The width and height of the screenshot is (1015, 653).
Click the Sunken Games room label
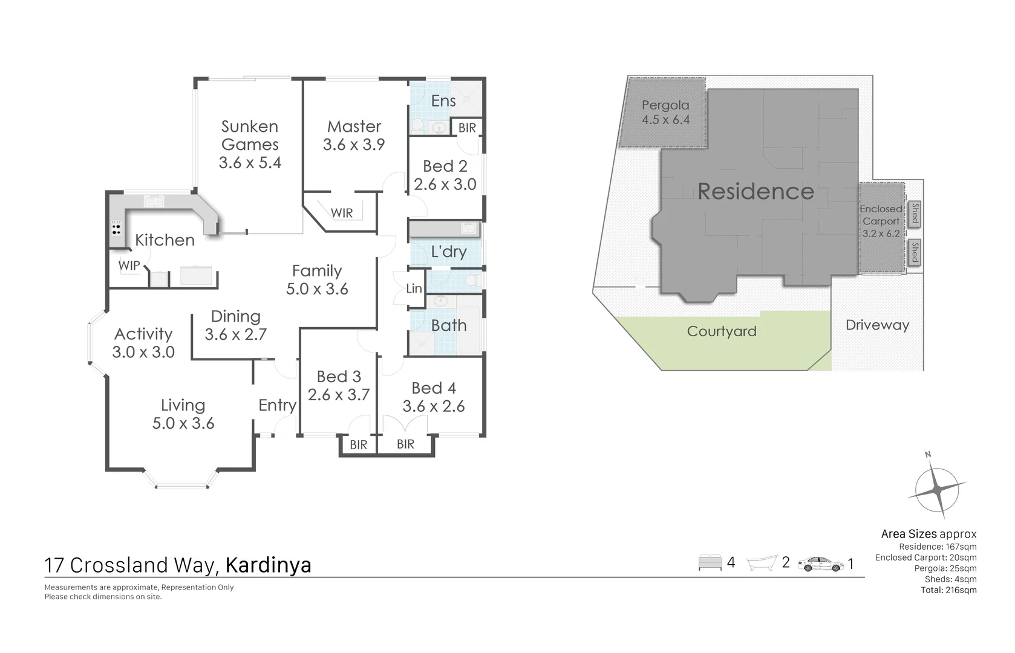pyautogui.click(x=250, y=135)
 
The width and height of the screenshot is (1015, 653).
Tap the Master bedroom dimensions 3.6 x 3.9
pyautogui.click(x=354, y=145)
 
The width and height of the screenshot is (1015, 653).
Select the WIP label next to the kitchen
pyautogui.click(x=129, y=265)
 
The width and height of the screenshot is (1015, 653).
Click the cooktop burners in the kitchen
pyautogui.click(x=116, y=229)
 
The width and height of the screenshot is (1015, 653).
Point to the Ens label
pyautogui.click(x=443, y=101)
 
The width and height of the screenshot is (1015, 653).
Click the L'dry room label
pyautogui.click(x=448, y=252)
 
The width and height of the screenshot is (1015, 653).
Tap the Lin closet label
pyautogui.click(x=414, y=288)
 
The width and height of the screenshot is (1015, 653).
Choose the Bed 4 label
pyautogui.click(x=434, y=388)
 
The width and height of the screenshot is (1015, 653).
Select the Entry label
pyautogui.click(x=277, y=405)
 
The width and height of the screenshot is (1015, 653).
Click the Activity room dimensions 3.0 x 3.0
pyautogui.click(x=143, y=352)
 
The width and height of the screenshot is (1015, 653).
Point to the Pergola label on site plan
pyautogui.click(x=665, y=105)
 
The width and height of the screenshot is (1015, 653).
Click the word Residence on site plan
pyautogui.click(x=756, y=191)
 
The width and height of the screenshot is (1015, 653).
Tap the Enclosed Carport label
pyautogui.click(x=881, y=215)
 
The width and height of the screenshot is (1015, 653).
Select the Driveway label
pyautogui.click(x=877, y=325)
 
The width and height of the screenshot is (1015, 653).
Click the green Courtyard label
pyautogui.click(x=722, y=331)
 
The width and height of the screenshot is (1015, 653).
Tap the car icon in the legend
pyautogui.click(x=820, y=564)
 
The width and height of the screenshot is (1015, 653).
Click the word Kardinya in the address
pyautogui.click(x=268, y=565)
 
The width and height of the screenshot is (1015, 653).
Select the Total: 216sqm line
pyautogui.click(x=948, y=590)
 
